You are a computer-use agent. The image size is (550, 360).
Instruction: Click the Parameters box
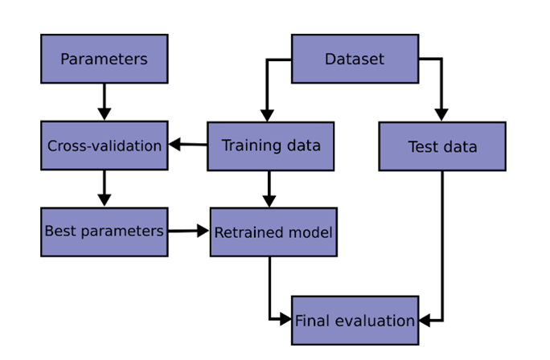(x=104, y=59)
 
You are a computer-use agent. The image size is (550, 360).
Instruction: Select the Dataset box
(x=355, y=59)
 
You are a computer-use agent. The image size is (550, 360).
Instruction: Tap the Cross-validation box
(x=104, y=145)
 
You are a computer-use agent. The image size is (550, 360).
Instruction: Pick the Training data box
(x=270, y=145)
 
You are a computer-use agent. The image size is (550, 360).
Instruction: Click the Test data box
(x=442, y=146)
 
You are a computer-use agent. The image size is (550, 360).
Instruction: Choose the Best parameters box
(x=104, y=231)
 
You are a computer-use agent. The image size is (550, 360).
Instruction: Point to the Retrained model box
(x=273, y=232)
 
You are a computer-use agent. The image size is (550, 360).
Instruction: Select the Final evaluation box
(x=355, y=320)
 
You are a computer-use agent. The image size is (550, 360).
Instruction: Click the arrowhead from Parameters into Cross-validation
(x=104, y=113)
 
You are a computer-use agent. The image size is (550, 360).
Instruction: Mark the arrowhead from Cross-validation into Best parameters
(x=104, y=199)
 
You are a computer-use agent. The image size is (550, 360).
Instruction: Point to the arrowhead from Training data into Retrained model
(x=269, y=200)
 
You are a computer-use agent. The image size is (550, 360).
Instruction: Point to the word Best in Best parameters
(x=57, y=231)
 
